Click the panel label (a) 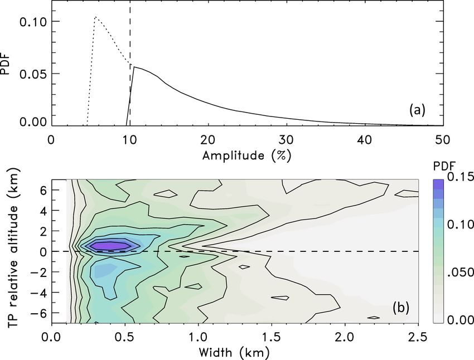click(x=417, y=110)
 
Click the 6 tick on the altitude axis click(x=42, y=190)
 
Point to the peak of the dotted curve click(x=95, y=17)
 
